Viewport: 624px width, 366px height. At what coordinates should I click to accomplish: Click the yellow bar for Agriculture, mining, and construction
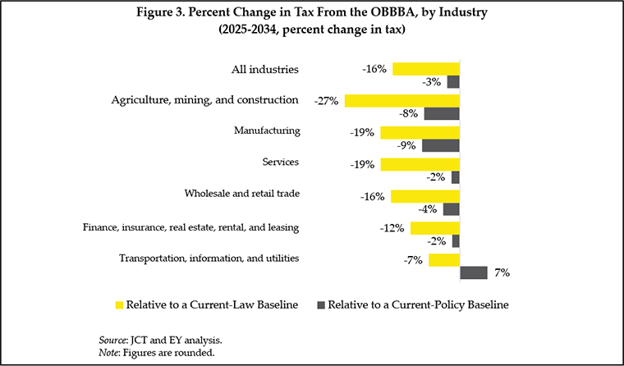click(401, 101)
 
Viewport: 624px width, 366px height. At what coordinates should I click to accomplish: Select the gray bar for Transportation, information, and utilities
click(474, 272)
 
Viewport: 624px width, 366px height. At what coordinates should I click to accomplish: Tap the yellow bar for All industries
click(425, 69)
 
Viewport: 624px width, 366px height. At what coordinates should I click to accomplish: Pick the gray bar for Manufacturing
click(440, 145)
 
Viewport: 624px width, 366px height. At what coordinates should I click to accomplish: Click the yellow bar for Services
click(420, 164)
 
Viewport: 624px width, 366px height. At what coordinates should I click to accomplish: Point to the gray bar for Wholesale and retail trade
click(451, 209)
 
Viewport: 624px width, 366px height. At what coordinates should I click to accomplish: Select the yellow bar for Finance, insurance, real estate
click(434, 228)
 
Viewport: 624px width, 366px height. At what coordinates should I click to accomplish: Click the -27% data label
click(327, 101)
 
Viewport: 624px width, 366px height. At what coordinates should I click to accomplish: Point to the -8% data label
click(409, 114)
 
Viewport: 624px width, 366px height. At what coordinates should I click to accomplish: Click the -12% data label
click(392, 228)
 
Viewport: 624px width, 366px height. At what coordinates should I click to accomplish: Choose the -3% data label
click(432, 82)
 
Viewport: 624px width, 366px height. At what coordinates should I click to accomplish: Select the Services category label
click(280, 162)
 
